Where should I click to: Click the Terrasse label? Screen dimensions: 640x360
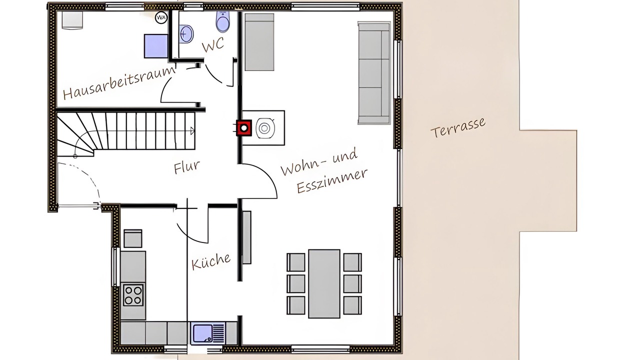458,127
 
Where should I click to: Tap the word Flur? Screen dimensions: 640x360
187,167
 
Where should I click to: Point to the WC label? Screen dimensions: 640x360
213,44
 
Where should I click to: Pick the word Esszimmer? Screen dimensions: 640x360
332,181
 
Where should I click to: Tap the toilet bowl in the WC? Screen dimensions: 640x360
223,21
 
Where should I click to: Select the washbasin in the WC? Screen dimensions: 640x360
186,34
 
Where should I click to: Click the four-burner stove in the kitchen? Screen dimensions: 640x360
133,295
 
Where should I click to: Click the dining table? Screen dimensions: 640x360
324,283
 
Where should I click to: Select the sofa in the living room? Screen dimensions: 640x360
374,73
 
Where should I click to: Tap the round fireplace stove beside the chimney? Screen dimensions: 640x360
265,128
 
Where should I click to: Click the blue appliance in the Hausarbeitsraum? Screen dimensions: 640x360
156,46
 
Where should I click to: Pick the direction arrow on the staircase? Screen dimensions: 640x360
193,131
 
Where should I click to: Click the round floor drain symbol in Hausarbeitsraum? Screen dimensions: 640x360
161,17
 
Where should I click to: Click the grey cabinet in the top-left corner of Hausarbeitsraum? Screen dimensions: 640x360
72,20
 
